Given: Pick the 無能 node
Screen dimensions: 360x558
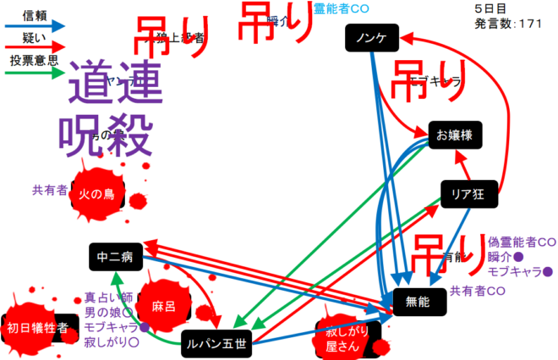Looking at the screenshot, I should pos(418,301).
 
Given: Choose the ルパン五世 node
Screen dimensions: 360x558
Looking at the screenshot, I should pos(217,343).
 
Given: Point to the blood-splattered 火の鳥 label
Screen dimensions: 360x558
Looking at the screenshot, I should pos(96,194).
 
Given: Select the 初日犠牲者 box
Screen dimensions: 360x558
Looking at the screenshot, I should pos(37,329).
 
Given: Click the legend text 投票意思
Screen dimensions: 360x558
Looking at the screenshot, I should pos(34,61).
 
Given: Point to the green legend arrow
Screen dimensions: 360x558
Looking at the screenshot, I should pos(35,74).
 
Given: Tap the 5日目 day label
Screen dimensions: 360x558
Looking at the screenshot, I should pos(490,8).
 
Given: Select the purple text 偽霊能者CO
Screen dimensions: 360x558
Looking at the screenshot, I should pos(522,242).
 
